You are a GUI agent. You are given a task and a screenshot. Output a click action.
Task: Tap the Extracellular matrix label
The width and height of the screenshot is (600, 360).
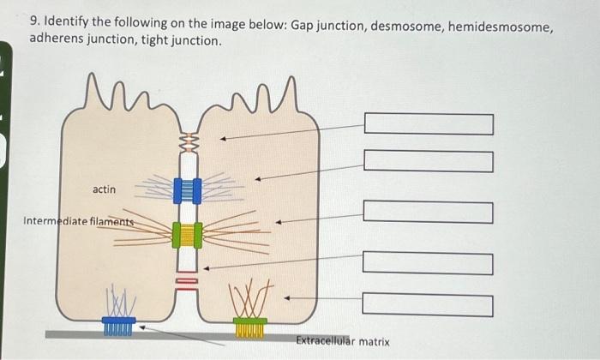(343, 341)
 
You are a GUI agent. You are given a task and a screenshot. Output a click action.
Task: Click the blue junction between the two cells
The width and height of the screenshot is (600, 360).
(186, 190)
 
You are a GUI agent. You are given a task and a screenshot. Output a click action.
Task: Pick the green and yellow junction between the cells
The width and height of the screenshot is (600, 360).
(186, 233)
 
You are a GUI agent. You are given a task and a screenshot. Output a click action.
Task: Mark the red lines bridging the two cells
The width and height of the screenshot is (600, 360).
(187, 279)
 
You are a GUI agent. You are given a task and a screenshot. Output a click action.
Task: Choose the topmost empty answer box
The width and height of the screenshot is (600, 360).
(429, 124)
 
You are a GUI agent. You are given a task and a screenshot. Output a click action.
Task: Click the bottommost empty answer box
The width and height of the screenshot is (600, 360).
(429, 305)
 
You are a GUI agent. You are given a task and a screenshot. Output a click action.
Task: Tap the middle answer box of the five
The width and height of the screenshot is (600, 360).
(429, 212)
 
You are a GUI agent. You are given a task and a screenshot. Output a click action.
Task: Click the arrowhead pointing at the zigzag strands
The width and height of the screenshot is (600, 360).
(222, 137)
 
